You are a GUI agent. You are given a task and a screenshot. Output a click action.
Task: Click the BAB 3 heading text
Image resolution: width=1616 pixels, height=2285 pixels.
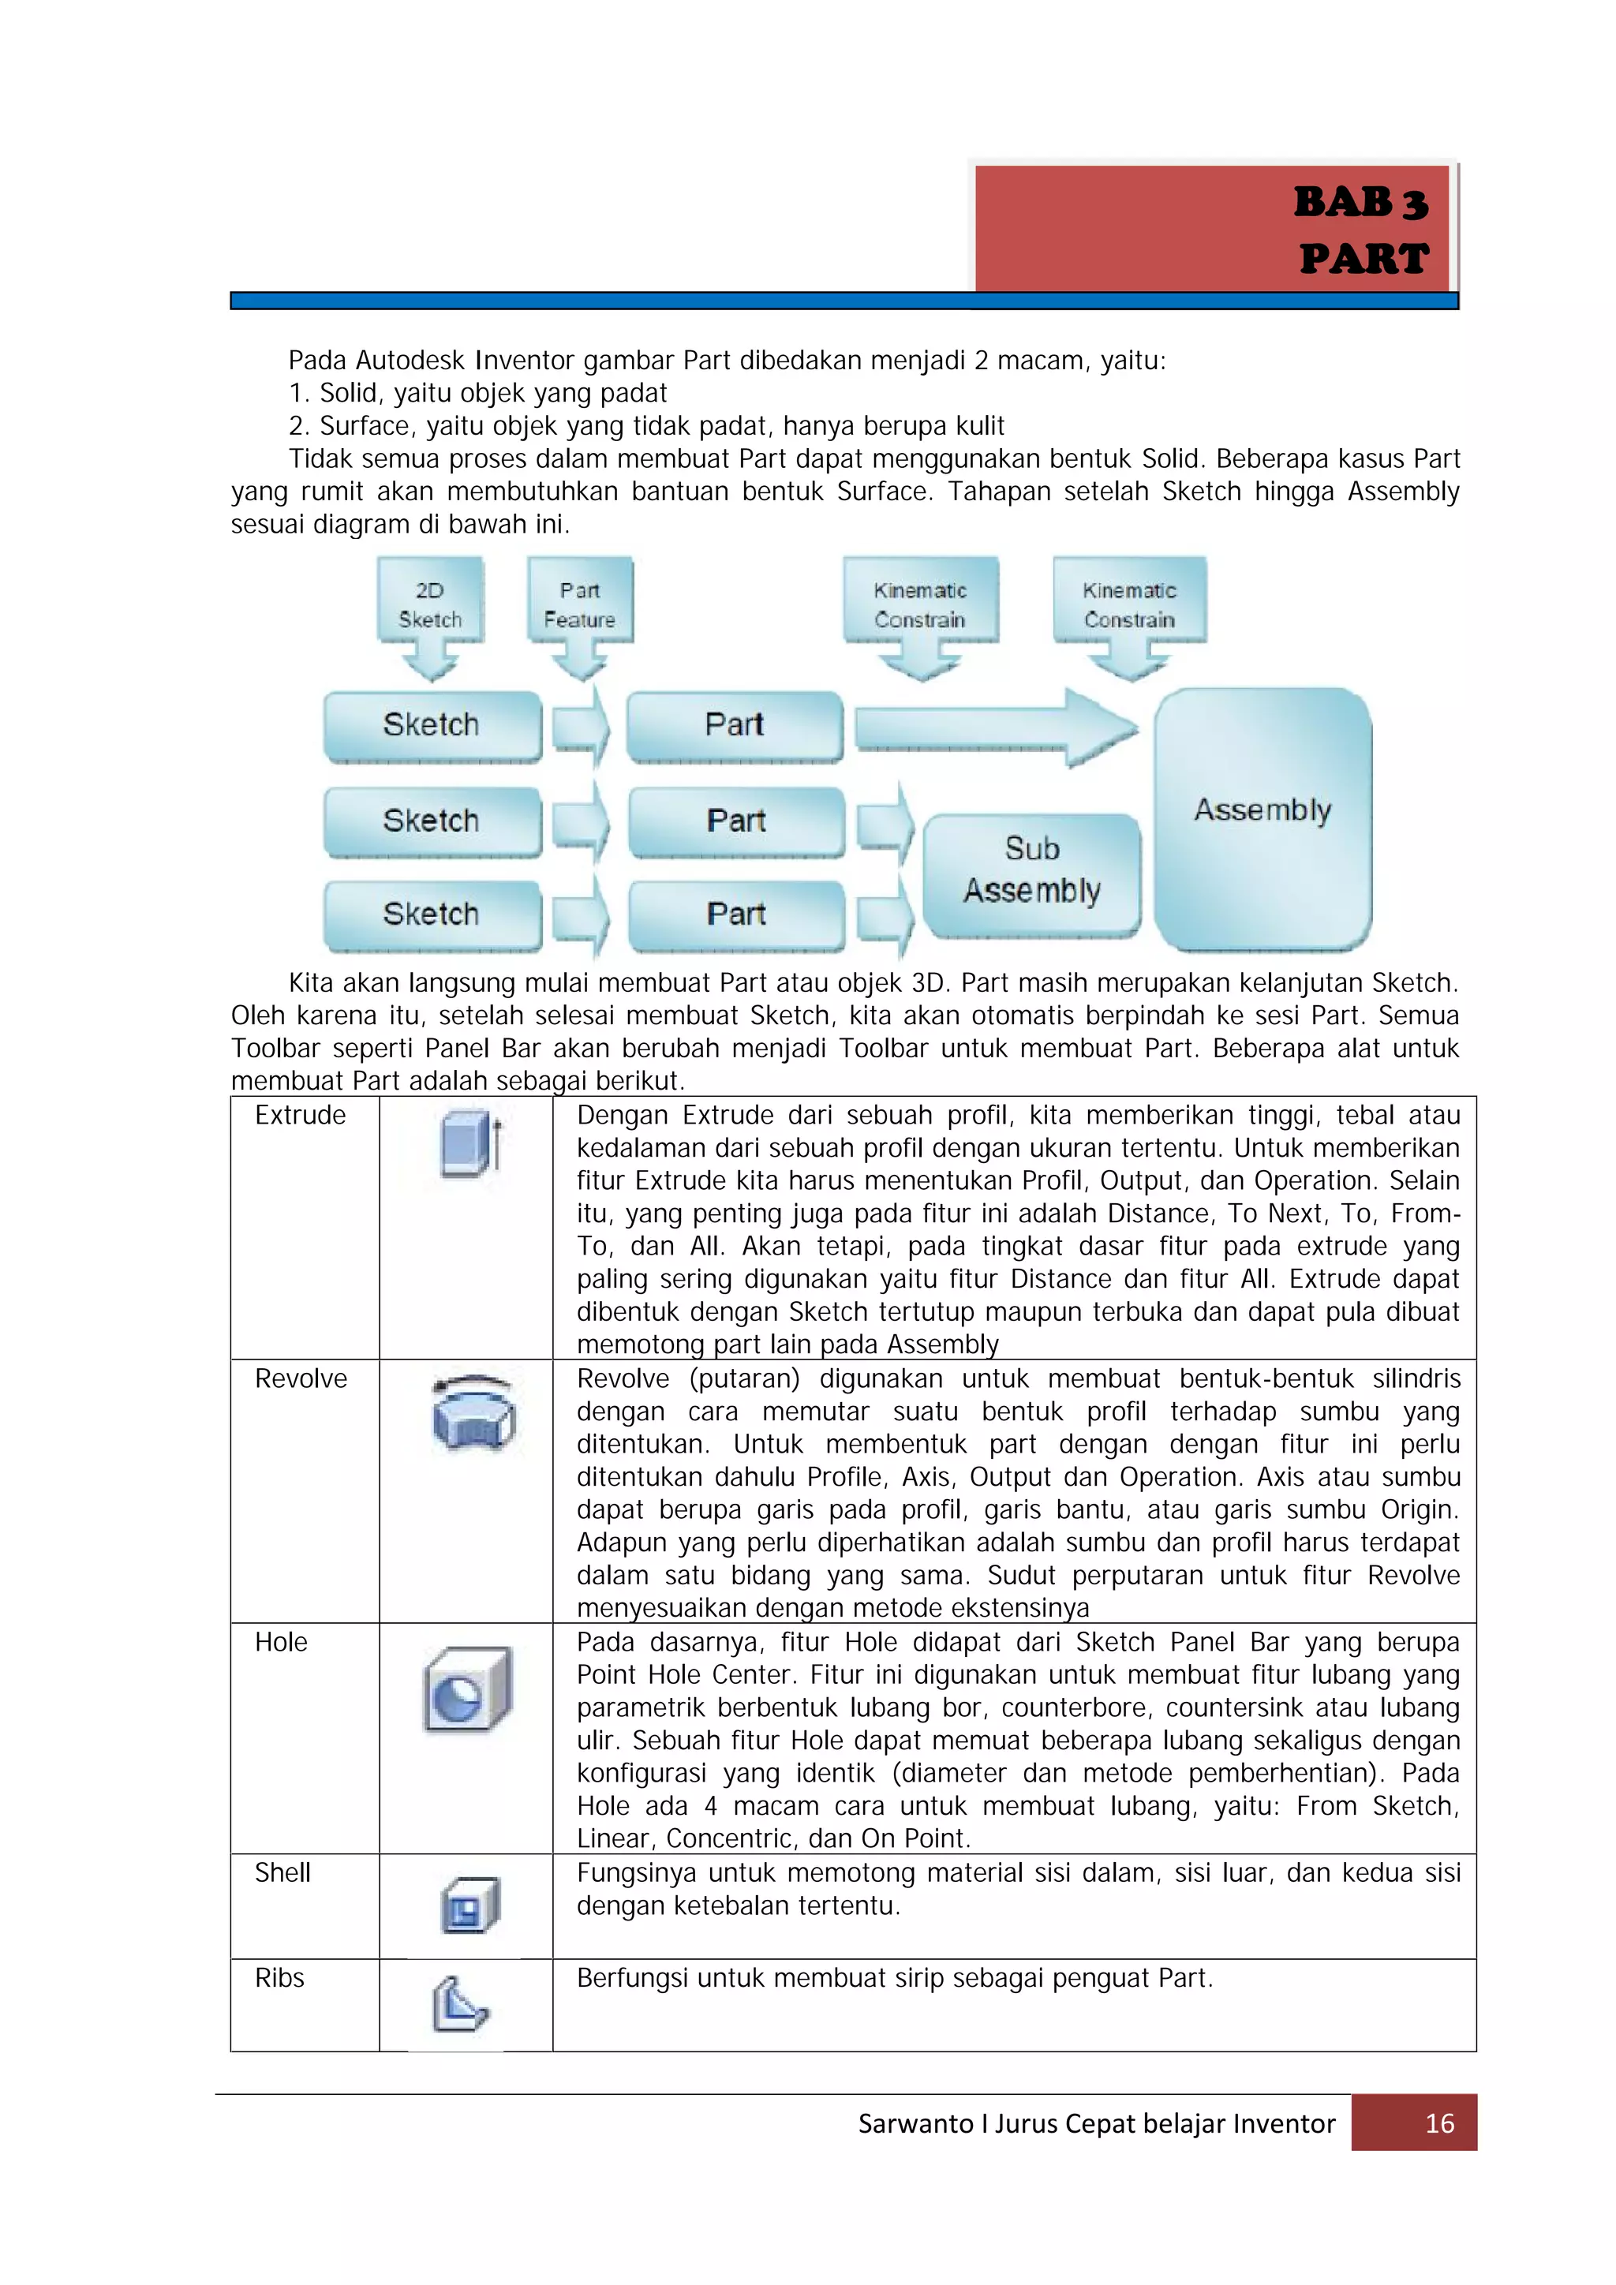1360,203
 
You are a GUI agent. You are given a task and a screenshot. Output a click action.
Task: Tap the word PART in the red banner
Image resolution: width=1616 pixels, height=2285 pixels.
1363,259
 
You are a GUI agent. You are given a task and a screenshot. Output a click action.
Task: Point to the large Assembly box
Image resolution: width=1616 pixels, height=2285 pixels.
1262,811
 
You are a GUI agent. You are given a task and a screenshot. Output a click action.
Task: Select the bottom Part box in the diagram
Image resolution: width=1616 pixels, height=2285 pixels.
735,914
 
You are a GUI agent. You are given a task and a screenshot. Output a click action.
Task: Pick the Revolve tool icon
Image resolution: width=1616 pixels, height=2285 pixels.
473,1413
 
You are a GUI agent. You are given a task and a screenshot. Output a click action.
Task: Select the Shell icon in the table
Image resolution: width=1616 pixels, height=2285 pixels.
469,1905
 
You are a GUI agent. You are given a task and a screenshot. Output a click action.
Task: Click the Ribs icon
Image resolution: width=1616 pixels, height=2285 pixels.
458,2004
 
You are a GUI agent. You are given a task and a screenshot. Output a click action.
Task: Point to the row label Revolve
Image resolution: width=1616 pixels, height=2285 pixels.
301,1379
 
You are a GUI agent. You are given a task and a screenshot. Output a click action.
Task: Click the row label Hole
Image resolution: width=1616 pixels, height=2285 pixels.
281,1643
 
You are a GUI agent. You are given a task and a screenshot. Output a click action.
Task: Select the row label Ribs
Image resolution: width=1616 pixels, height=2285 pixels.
279,1979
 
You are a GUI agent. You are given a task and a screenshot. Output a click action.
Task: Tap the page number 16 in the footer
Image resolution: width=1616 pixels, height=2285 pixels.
1439,2124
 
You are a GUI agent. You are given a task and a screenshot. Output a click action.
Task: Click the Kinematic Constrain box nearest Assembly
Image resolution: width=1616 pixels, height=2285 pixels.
1129,606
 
